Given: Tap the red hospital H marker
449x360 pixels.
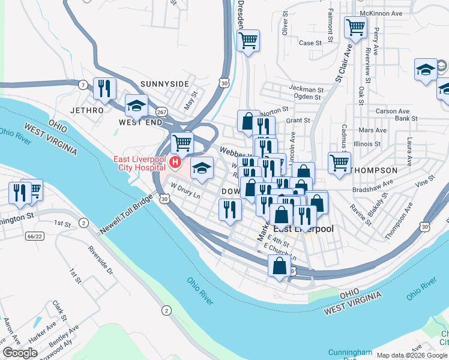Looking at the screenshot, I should click(x=175, y=162).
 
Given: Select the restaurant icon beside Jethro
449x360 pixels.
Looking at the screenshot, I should click(x=104, y=89).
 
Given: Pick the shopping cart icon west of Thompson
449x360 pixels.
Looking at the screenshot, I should click(x=339, y=163).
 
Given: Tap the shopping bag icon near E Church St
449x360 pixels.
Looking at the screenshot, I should click(x=279, y=265).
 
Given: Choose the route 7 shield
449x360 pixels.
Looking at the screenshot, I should click(x=81, y=86).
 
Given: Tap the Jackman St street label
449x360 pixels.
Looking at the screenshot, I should click(x=306, y=88).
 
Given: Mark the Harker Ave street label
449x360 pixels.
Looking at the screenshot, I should click(x=43, y=332).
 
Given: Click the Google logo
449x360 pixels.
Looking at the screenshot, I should click(x=20, y=353).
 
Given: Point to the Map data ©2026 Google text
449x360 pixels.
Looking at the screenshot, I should click(x=412, y=355).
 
